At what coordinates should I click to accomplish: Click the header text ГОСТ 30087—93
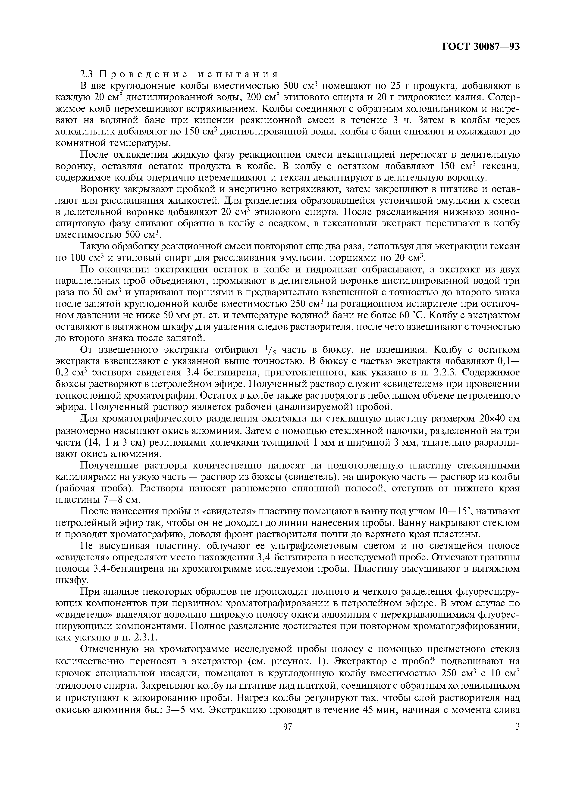point(481,46)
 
